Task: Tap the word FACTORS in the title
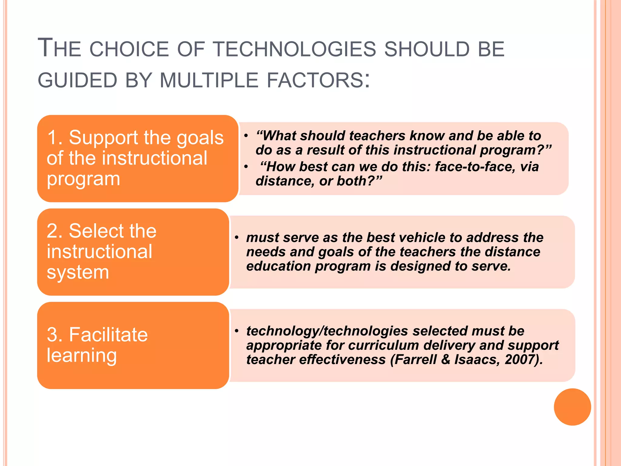(x=314, y=81)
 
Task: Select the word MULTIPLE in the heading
(x=209, y=81)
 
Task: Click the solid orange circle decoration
(x=572, y=407)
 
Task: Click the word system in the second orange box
(x=78, y=272)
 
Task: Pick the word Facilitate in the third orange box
(x=108, y=335)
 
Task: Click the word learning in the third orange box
(x=82, y=356)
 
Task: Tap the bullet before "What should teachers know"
(x=246, y=136)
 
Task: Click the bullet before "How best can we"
(x=246, y=167)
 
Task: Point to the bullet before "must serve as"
(x=237, y=238)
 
